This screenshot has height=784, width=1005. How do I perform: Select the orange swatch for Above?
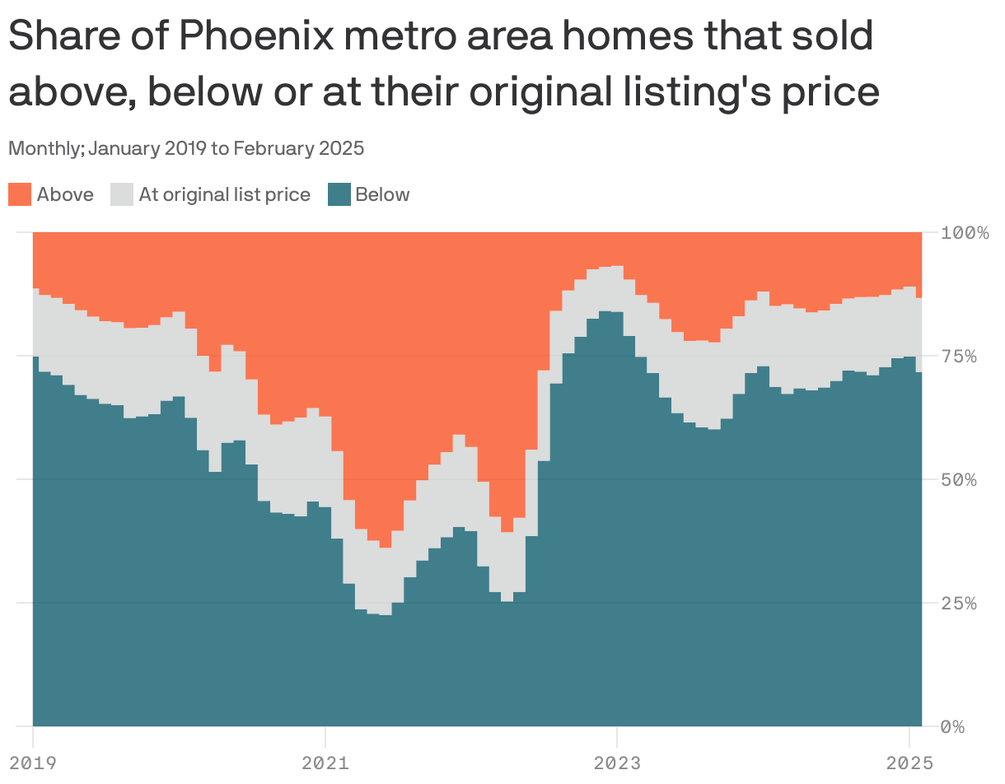(20, 195)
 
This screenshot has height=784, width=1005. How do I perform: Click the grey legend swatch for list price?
(122, 195)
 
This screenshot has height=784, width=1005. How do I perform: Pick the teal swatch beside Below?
(339, 195)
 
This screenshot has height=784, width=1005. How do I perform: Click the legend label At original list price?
(224, 195)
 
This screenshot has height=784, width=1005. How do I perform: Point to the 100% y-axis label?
(965, 232)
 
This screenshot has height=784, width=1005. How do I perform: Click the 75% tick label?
(960, 356)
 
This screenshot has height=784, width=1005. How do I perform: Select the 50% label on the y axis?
(960, 479)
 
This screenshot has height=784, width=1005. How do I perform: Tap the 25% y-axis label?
(960, 603)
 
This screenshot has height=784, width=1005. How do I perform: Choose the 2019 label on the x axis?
(33, 763)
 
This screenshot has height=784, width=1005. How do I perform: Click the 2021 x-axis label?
(325, 763)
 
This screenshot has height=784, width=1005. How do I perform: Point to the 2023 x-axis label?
(617, 763)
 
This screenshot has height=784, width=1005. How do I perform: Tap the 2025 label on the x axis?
(909, 763)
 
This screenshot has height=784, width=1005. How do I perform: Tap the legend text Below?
(382, 195)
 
